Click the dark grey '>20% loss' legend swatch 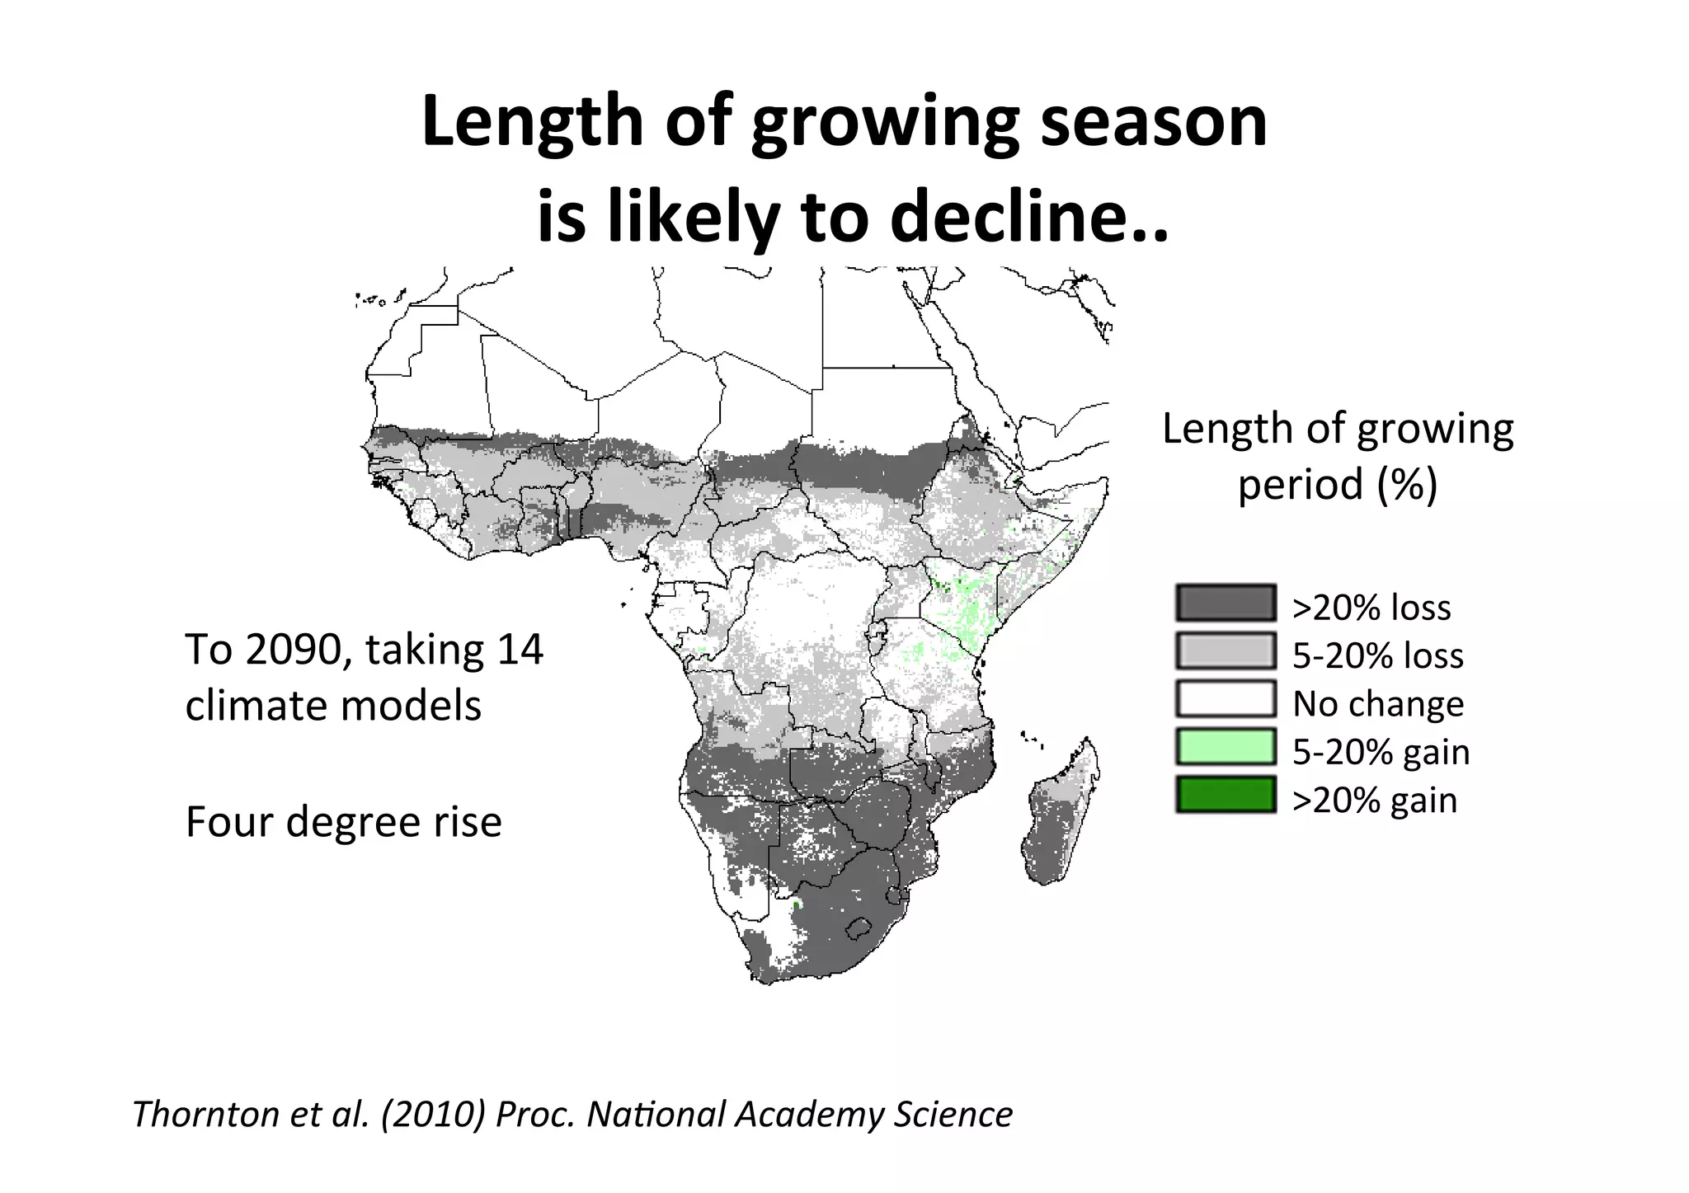click(x=1226, y=603)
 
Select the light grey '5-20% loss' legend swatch click(x=1226, y=651)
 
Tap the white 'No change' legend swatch click(x=1226, y=698)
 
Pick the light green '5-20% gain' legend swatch click(x=1226, y=746)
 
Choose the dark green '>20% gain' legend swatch click(x=1226, y=794)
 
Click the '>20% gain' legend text click(x=1375, y=800)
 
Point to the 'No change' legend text click(x=1378, y=703)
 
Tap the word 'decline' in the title click(x=1004, y=216)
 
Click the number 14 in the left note click(x=520, y=649)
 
